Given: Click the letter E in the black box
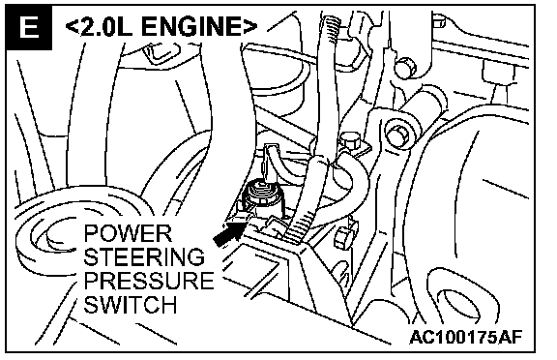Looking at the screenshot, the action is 29,27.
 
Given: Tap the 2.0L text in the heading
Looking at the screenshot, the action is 106,27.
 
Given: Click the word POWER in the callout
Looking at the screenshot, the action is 128,233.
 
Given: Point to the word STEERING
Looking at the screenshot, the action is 144,256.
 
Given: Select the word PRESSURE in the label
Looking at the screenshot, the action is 149,281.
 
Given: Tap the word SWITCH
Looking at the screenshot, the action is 131,304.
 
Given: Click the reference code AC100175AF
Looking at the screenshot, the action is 466,337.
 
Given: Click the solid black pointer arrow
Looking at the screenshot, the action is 229,234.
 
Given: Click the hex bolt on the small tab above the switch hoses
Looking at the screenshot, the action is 350,140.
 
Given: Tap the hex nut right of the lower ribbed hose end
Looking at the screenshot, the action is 342,237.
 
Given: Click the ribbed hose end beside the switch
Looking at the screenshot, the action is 299,226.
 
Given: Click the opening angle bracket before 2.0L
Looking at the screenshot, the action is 73,27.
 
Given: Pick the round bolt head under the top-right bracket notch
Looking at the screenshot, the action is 406,68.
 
